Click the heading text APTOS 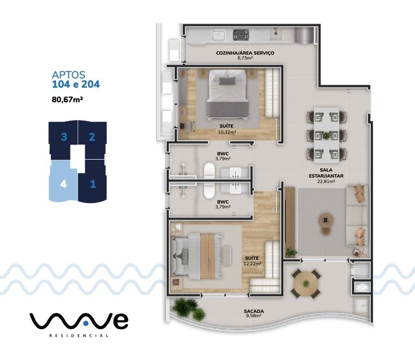click(x=68, y=75)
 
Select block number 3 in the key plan click(x=64, y=137)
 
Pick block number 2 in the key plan click(x=92, y=137)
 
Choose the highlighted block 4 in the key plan click(x=64, y=183)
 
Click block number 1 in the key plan click(x=93, y=184)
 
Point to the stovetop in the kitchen click(x=241, y=35)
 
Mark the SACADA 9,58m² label click(x=254, y=313)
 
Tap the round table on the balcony click(x=304, y=281)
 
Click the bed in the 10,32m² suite click(x=228, y=95)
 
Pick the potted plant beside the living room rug click(x=292, y=252)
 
